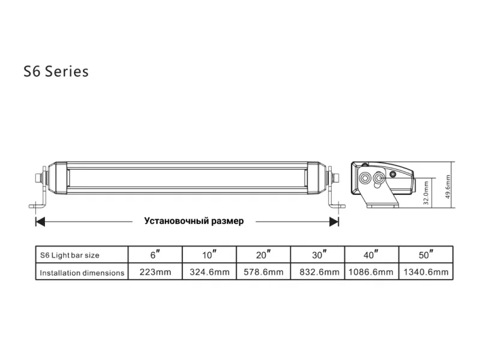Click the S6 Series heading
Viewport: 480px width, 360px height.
[56, 71]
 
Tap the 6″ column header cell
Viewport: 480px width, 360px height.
[155, 254]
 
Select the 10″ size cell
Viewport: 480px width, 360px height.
[209, 254]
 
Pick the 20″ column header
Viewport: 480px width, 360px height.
[263, 254]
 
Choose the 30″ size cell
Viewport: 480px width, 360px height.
[318, 254]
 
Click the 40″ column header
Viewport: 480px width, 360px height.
[371, 254]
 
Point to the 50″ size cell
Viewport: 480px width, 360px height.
[426, 254]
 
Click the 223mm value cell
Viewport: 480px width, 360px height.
[155, 272]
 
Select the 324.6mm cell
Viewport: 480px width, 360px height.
[209, 272]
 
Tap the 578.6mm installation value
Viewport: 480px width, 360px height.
[263, 272]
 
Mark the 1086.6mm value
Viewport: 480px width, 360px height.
[371, 272]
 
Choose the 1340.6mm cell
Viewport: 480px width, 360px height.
[426, 272]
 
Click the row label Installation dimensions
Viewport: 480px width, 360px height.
[82, 273]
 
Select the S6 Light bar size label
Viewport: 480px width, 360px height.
[70, 256]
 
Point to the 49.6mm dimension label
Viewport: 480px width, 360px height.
[448, 187]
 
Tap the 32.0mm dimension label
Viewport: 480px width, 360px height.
[426, 193]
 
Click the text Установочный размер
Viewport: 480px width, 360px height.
[194, 221]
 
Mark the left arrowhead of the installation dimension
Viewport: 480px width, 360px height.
[40, 221]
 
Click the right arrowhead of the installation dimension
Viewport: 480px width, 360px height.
[334, 221]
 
